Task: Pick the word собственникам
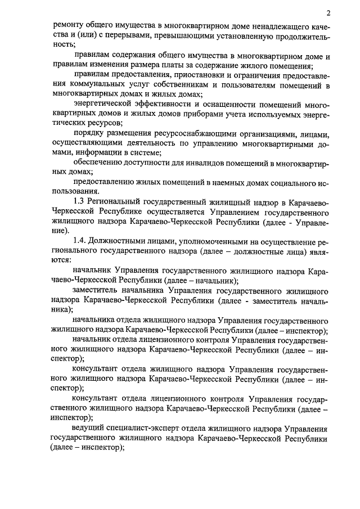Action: (170, 85)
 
